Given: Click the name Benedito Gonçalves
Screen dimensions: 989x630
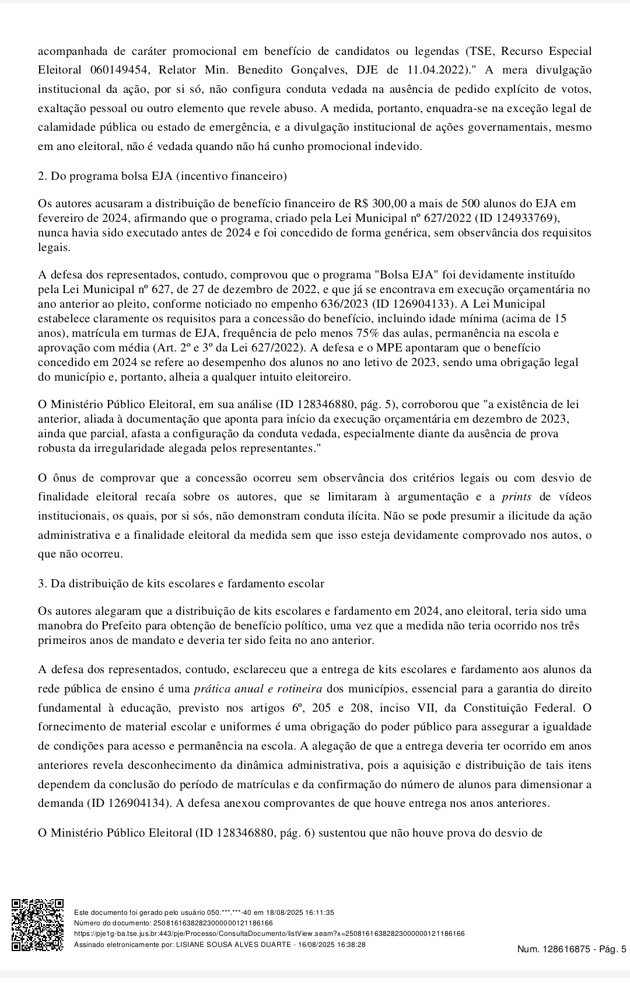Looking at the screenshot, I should click(x=288, y=70).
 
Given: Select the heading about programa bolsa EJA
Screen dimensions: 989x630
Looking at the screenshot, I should click(x=162, y=176).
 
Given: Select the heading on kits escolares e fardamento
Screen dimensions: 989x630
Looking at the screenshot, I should click(x=181, y=583).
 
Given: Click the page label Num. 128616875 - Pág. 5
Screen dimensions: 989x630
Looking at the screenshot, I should click(x=571, y=949).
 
